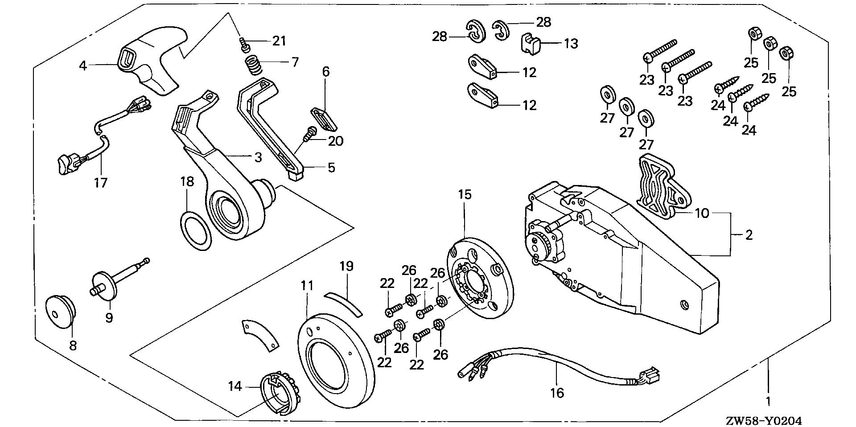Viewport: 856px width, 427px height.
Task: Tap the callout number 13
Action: [x=571, y=43]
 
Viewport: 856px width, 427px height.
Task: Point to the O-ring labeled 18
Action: [x=195, y=230]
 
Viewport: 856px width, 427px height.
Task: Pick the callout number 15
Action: [x=465, y=195]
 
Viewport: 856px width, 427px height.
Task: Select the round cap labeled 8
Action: [x=60, y=310]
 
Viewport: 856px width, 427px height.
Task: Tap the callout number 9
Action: [x=109, y=318]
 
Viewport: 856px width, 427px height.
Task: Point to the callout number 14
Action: [x=235, y=386]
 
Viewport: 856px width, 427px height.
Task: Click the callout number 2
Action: [x=749, y=234]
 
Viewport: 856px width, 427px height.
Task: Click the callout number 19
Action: [x=346, y=267]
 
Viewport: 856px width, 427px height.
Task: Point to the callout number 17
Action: [x=101, y=182]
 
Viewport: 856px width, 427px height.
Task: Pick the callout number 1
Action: [x=768, y=401]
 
